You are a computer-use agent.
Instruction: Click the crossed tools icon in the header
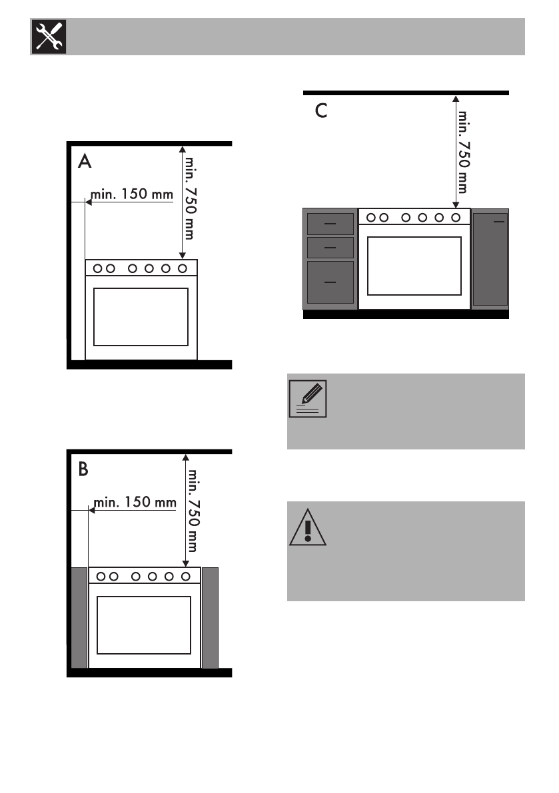coord(49,37)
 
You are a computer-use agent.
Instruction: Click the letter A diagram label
coord(85,161)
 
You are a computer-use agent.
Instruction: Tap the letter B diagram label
coord(83,469)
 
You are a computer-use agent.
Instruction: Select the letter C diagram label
coord(321,111)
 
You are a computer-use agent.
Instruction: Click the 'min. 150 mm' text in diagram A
coord(131,194)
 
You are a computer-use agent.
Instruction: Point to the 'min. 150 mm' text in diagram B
coord(135,502)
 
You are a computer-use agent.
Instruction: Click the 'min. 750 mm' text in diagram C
coord(463,152)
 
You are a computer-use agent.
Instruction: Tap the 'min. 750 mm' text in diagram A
coord(190,198)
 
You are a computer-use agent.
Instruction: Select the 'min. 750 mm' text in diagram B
coord(193,511)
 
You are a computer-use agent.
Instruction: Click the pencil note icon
coord(308,399)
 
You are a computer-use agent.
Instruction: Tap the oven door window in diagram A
coord(141,317)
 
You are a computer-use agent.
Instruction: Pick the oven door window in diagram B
coord(144,625)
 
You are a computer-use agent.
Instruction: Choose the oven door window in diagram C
coord(414,266)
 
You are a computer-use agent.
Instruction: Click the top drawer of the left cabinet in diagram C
coord(330,224)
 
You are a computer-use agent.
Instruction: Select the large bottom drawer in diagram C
coord(330,282)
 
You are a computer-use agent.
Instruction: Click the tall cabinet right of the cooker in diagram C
coord(490,259)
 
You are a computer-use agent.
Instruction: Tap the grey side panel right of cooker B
coord(210,618)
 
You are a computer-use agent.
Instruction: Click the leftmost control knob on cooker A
coord(98,268)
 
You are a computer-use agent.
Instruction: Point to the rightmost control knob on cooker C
coord(456,218)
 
